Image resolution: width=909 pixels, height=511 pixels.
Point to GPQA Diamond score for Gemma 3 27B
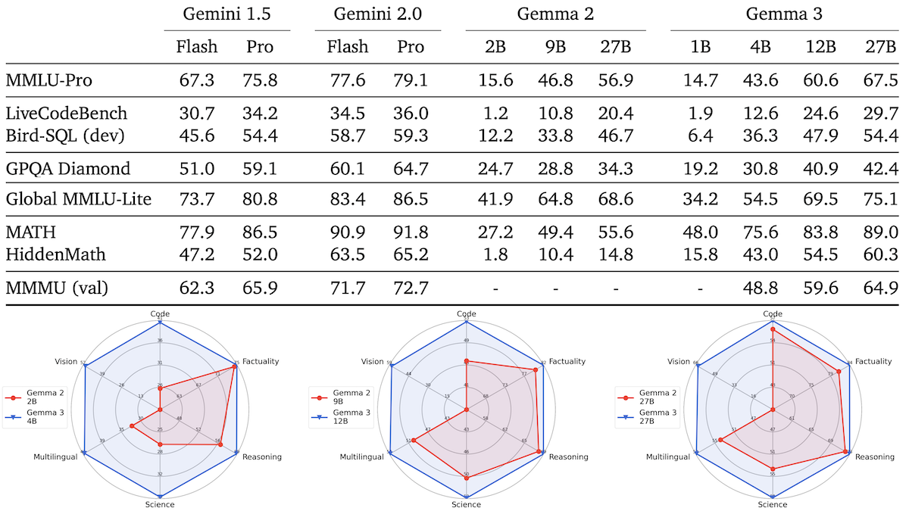click(881, 168)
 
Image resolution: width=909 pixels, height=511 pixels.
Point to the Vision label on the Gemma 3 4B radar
click(66, 362)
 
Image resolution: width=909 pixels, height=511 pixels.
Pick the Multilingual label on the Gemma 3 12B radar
click(361, 456)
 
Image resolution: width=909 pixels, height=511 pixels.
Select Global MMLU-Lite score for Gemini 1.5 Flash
click(196, 200)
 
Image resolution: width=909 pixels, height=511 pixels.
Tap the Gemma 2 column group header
click(554, 14)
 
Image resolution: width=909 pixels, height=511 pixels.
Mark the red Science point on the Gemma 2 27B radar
click(772, 469)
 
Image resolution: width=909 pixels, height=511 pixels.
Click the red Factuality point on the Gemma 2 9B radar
click(536, 369)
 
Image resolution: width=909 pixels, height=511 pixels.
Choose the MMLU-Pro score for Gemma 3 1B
click(700, 79)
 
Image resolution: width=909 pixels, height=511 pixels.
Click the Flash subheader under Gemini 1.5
click(196, 46)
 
